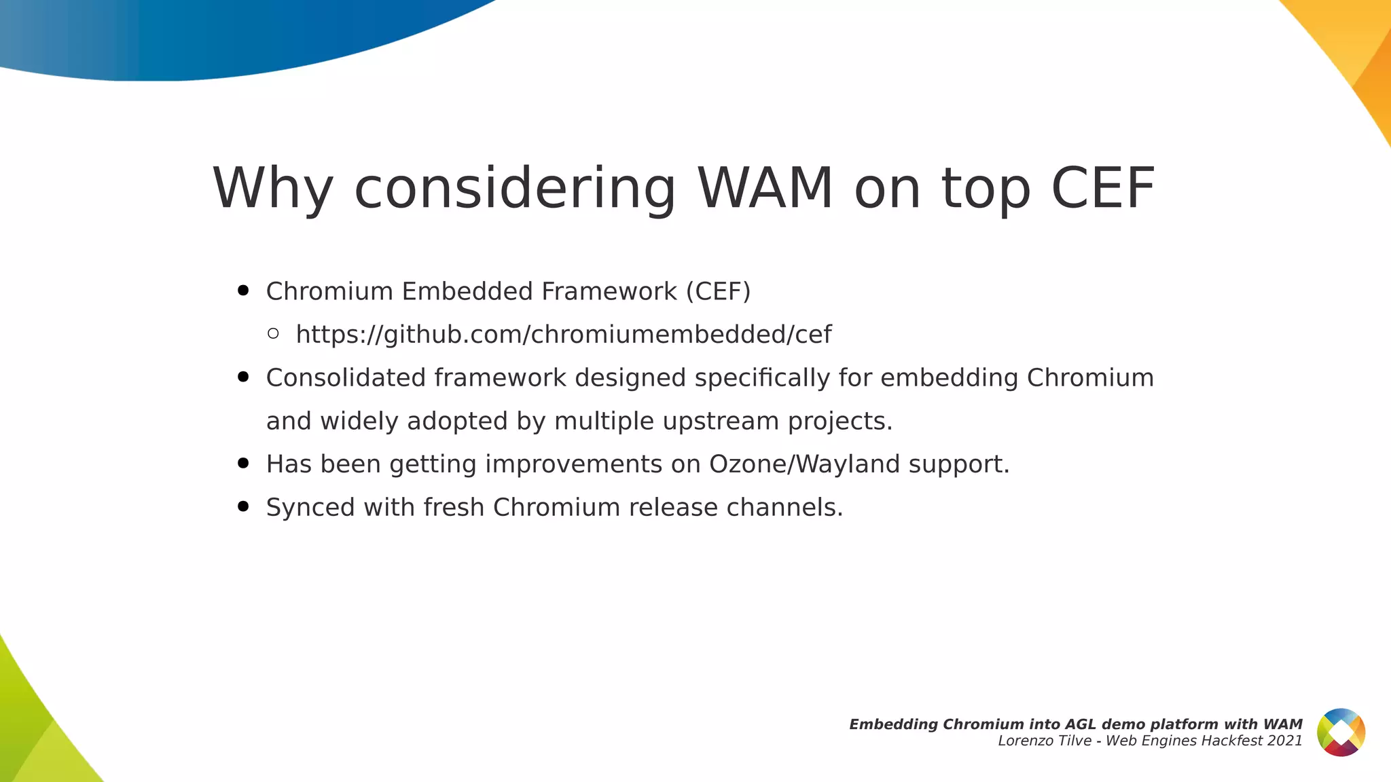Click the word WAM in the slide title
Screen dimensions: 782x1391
765,188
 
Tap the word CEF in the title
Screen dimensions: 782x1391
1102,188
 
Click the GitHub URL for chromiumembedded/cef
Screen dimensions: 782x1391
564,335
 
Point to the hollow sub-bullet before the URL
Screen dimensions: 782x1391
273,333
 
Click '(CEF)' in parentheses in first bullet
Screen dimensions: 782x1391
718,291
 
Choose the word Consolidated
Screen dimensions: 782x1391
346,377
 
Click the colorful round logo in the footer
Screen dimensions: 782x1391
1341,732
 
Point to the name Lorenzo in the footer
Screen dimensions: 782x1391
1023,741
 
